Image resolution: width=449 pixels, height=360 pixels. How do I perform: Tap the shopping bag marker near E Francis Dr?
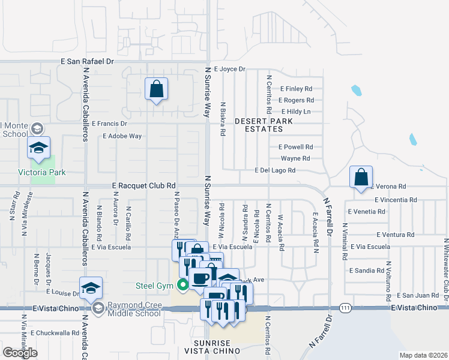click(156, 90)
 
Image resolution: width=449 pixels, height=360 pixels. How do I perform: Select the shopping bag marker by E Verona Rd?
click(361, 178)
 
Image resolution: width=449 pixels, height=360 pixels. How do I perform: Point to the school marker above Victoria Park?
click(38, 148)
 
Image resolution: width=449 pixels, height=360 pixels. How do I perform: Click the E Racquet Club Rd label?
click(143, 186)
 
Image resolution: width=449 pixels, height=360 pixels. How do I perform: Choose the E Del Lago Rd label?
click(275, 170)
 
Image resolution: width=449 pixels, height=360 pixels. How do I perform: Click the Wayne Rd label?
click(295, 158)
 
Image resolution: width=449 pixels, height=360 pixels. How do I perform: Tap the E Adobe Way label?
click(122, 136)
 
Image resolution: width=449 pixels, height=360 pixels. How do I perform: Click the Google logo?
click(20, 353)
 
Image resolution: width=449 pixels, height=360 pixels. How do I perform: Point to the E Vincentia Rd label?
click(395, 200)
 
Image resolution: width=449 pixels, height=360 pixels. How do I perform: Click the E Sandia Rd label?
click(366, 271)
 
